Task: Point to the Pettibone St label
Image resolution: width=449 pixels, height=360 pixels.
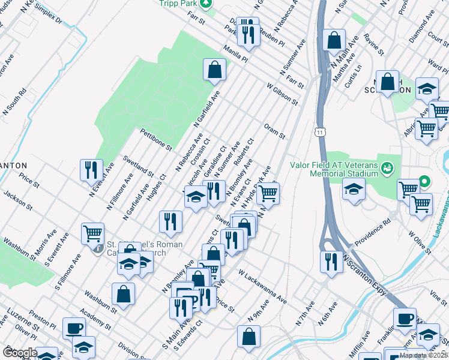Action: pos(156,139)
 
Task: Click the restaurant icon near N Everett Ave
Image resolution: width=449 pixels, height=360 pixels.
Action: pos(91,170)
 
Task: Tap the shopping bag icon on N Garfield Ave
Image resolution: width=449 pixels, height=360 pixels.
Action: pos(214,70)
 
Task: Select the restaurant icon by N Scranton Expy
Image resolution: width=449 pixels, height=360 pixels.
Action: pos(331,261)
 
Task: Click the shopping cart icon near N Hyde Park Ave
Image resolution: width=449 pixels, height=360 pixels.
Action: pos(268,194)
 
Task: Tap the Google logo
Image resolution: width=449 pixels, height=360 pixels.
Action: pos(19,352)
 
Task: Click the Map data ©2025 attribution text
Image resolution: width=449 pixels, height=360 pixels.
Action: pos(423,355)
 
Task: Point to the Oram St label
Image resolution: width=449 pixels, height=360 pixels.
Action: pos(274,131)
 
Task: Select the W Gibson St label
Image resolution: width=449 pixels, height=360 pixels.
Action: pos(282,94)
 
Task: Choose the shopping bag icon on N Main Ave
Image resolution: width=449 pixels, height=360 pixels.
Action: pos(334,40)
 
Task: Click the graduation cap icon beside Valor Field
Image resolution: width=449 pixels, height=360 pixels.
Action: pos(354,190)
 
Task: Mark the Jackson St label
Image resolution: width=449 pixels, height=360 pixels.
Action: pos(18,200)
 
